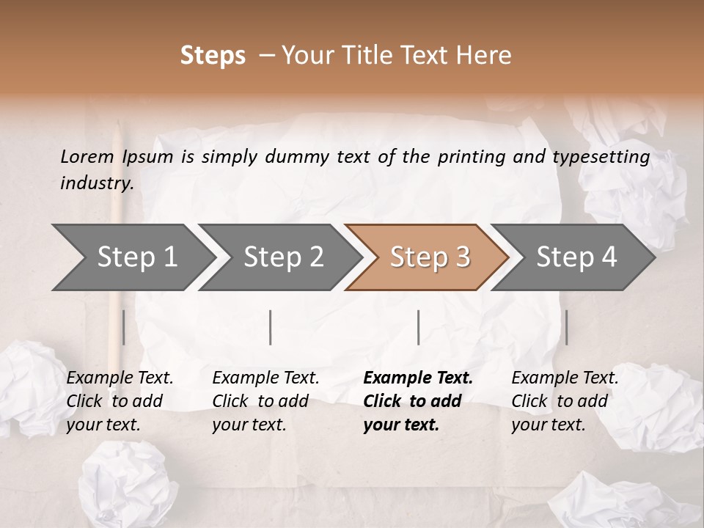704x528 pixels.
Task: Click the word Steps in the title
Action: coord(213,56)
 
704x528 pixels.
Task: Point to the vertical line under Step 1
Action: coord(124,327)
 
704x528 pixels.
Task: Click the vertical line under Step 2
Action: coord(271,327)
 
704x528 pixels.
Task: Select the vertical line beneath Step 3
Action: coord(418,327)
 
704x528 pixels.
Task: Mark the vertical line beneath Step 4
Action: coord(566,327)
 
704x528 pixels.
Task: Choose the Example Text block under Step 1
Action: coord(120,401)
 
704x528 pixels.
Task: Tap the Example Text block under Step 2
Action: coord(265,401)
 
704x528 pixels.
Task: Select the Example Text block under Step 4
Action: coord(565,401)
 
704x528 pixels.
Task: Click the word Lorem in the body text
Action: coord(87,156)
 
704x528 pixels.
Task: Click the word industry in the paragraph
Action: coord(96,183)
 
